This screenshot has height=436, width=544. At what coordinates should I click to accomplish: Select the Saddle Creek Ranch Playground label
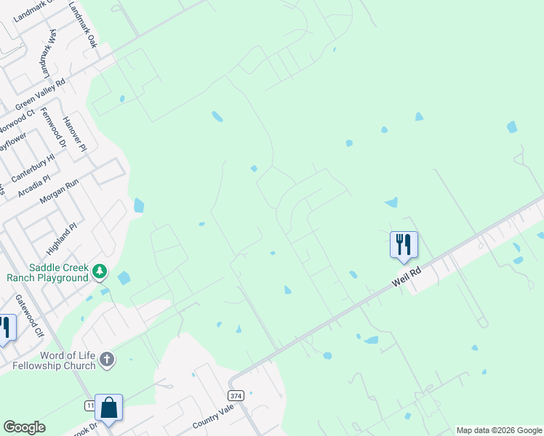[47, 272]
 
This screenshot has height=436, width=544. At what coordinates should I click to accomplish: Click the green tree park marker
[100, 272]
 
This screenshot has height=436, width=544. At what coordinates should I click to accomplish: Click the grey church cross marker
[107, 359]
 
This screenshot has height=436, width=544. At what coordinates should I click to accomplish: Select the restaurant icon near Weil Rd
[404, 244]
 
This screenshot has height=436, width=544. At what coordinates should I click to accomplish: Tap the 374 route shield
[235, 395]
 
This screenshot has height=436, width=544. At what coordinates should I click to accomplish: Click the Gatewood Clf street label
[30, 315]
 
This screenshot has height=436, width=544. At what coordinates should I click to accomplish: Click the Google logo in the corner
[24, 427]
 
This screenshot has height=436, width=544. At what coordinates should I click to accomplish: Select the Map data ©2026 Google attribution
[499, 430]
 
